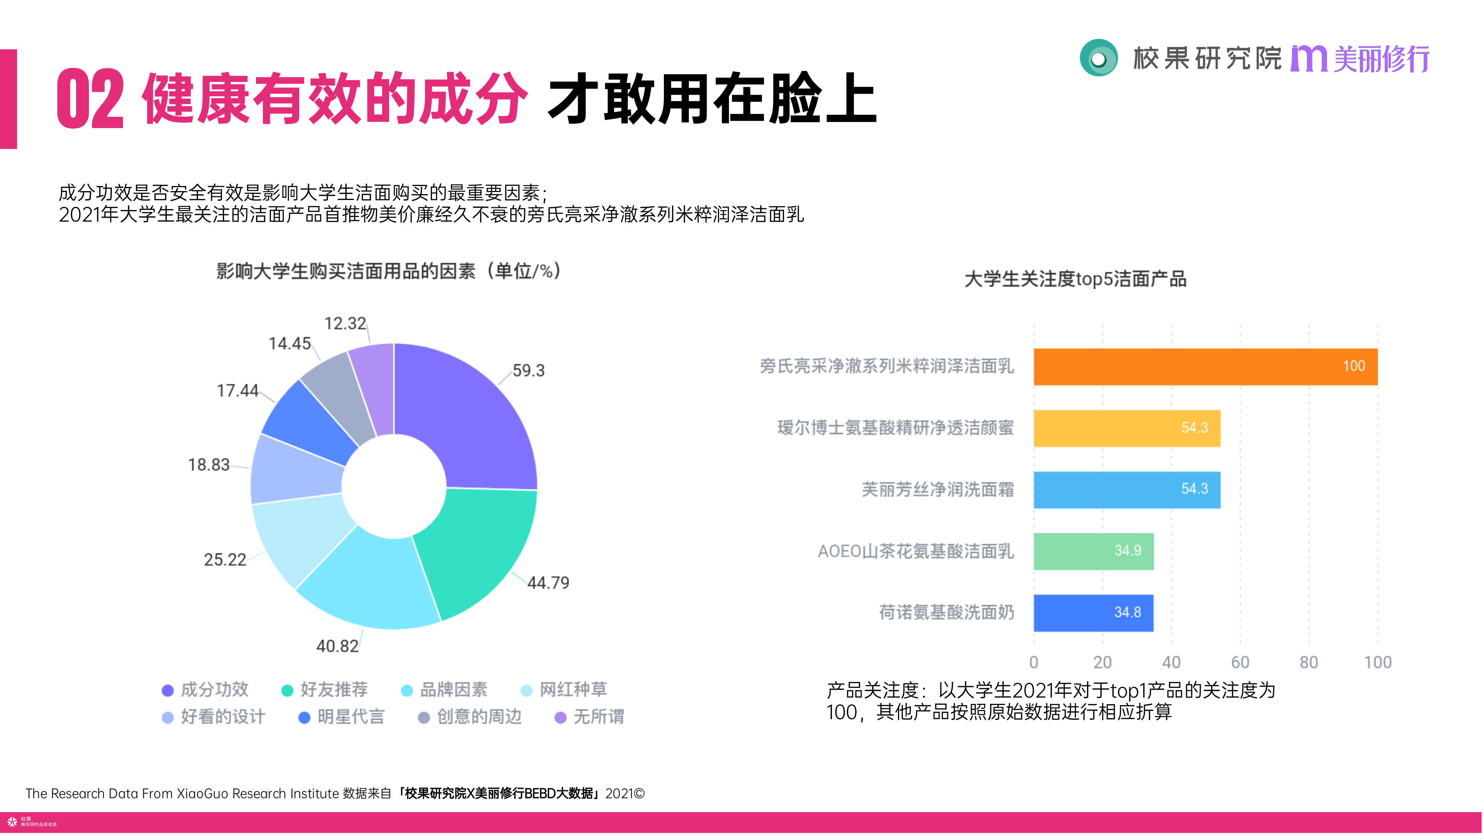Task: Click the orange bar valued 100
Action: click(x=1205, y=367)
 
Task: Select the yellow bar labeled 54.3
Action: click(x=1127, y=428)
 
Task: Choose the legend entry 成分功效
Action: click(x=206, y=690)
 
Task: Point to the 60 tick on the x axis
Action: click(x=1240, y=662)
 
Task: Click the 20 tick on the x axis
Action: click(x=1103, y=662)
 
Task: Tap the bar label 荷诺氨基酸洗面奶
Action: click(x=946, y=612)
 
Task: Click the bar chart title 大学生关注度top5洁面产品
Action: click(x=1076, y=279)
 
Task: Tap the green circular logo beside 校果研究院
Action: click(x=1098, y=58)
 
